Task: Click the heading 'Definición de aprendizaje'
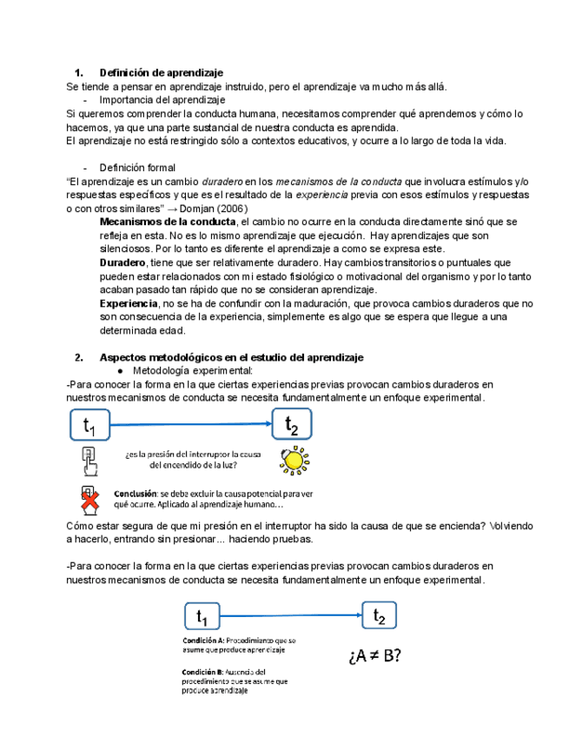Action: pyautogui.click(x=162, y=72)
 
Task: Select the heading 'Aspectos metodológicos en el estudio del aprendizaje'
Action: pyautogui.click(x=231, y=357)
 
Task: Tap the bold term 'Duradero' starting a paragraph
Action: pyautogui.click(x=122, y=262)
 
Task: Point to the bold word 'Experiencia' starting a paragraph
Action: pyautogui.click(x=128, y=303)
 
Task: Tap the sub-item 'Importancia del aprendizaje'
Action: pyautogui.click(x=162, y=100)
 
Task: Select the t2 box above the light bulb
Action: pyautogui.click(x=292, y=425)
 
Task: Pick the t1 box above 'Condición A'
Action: pyautogui.click(x=202, y=617)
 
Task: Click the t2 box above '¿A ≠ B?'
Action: pyautogui.click(x=379, y=616)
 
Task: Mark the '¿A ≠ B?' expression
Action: pyautogui.click(x=374, y=656)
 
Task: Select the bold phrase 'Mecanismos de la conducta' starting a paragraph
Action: pyautogui.click(x=162, y=222)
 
